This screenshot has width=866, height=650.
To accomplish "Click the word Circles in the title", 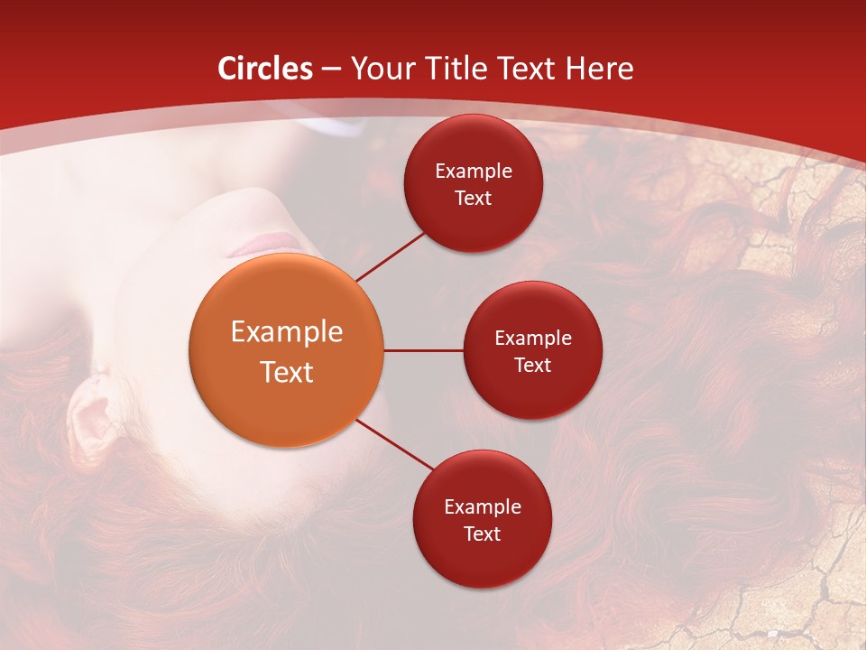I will point(265,69).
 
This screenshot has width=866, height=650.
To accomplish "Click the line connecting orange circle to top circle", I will point(391,255).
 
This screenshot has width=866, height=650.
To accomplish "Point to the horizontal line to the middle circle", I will point(423,350).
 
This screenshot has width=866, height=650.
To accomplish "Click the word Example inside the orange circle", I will point(287,332).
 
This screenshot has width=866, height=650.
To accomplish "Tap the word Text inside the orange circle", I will point(287,372).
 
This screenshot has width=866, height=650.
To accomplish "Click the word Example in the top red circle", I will point(474,172).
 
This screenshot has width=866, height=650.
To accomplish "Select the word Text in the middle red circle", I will point(532,366).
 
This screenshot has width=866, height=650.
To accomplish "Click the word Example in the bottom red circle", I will point(483,507).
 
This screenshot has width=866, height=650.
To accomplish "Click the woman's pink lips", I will point(266,245).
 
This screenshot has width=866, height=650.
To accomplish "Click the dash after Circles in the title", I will point(331,70).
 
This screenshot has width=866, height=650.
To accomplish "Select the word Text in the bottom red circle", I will point(482,534).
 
